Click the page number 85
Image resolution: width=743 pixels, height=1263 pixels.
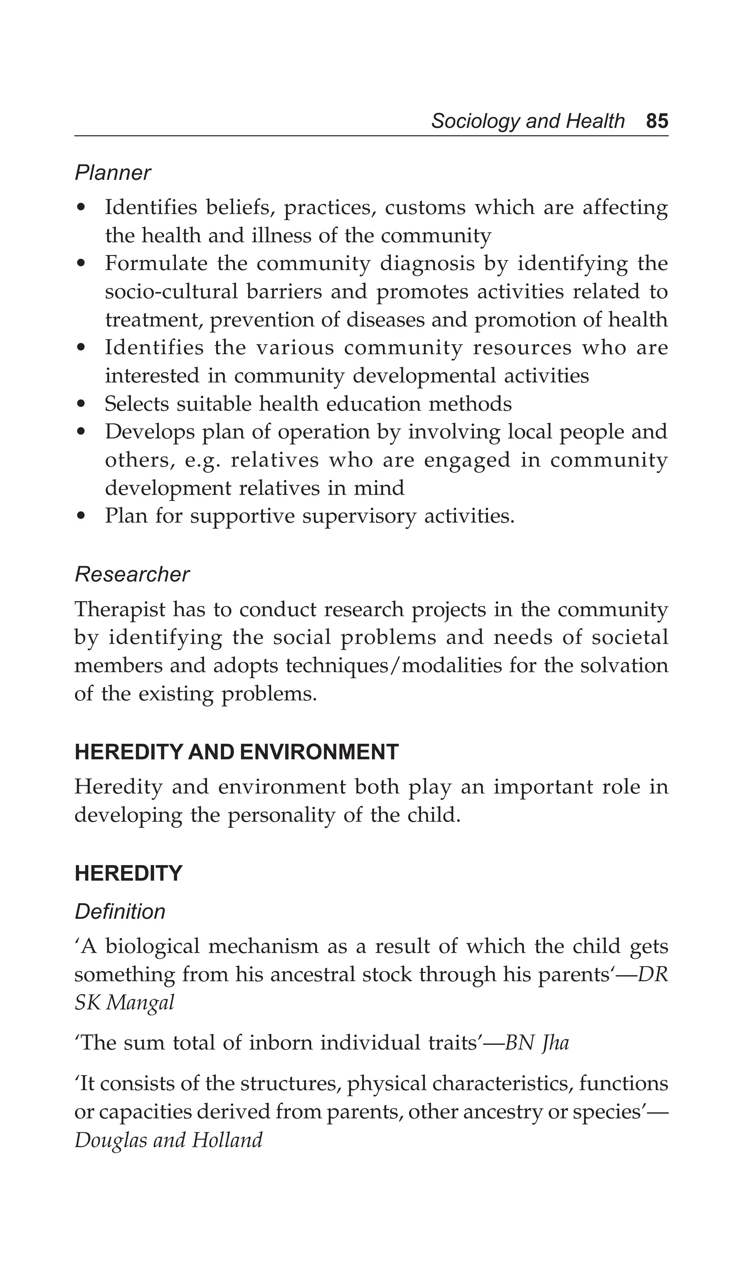(657, 121)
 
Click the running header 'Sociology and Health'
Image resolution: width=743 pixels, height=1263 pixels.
(528, 121)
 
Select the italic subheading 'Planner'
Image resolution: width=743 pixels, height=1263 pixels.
(112, 173)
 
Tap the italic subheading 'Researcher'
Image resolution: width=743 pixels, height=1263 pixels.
(132, 574)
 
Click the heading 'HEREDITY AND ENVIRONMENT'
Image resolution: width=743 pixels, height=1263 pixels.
(236, 752)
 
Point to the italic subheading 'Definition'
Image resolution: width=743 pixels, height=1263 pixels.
(120, 912)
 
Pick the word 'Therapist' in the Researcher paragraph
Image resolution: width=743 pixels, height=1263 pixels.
(119, 609)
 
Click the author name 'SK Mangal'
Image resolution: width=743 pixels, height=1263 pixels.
(124, 1002)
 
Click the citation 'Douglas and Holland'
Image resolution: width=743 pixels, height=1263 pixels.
(168, 1140)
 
